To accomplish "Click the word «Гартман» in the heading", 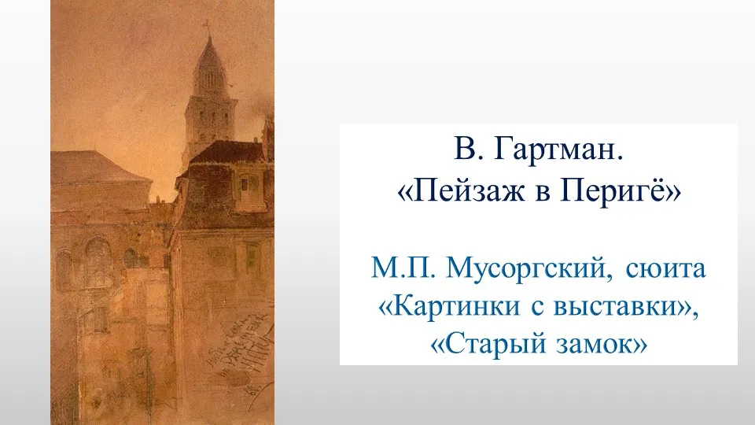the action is click(x=558, y=150).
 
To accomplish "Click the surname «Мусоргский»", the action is click(x=529, y=269).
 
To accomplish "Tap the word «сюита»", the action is click(x=665, y=269).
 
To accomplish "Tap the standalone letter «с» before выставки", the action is click(x=537, y=308).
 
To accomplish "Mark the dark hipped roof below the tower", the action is click(x=227, y=153).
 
